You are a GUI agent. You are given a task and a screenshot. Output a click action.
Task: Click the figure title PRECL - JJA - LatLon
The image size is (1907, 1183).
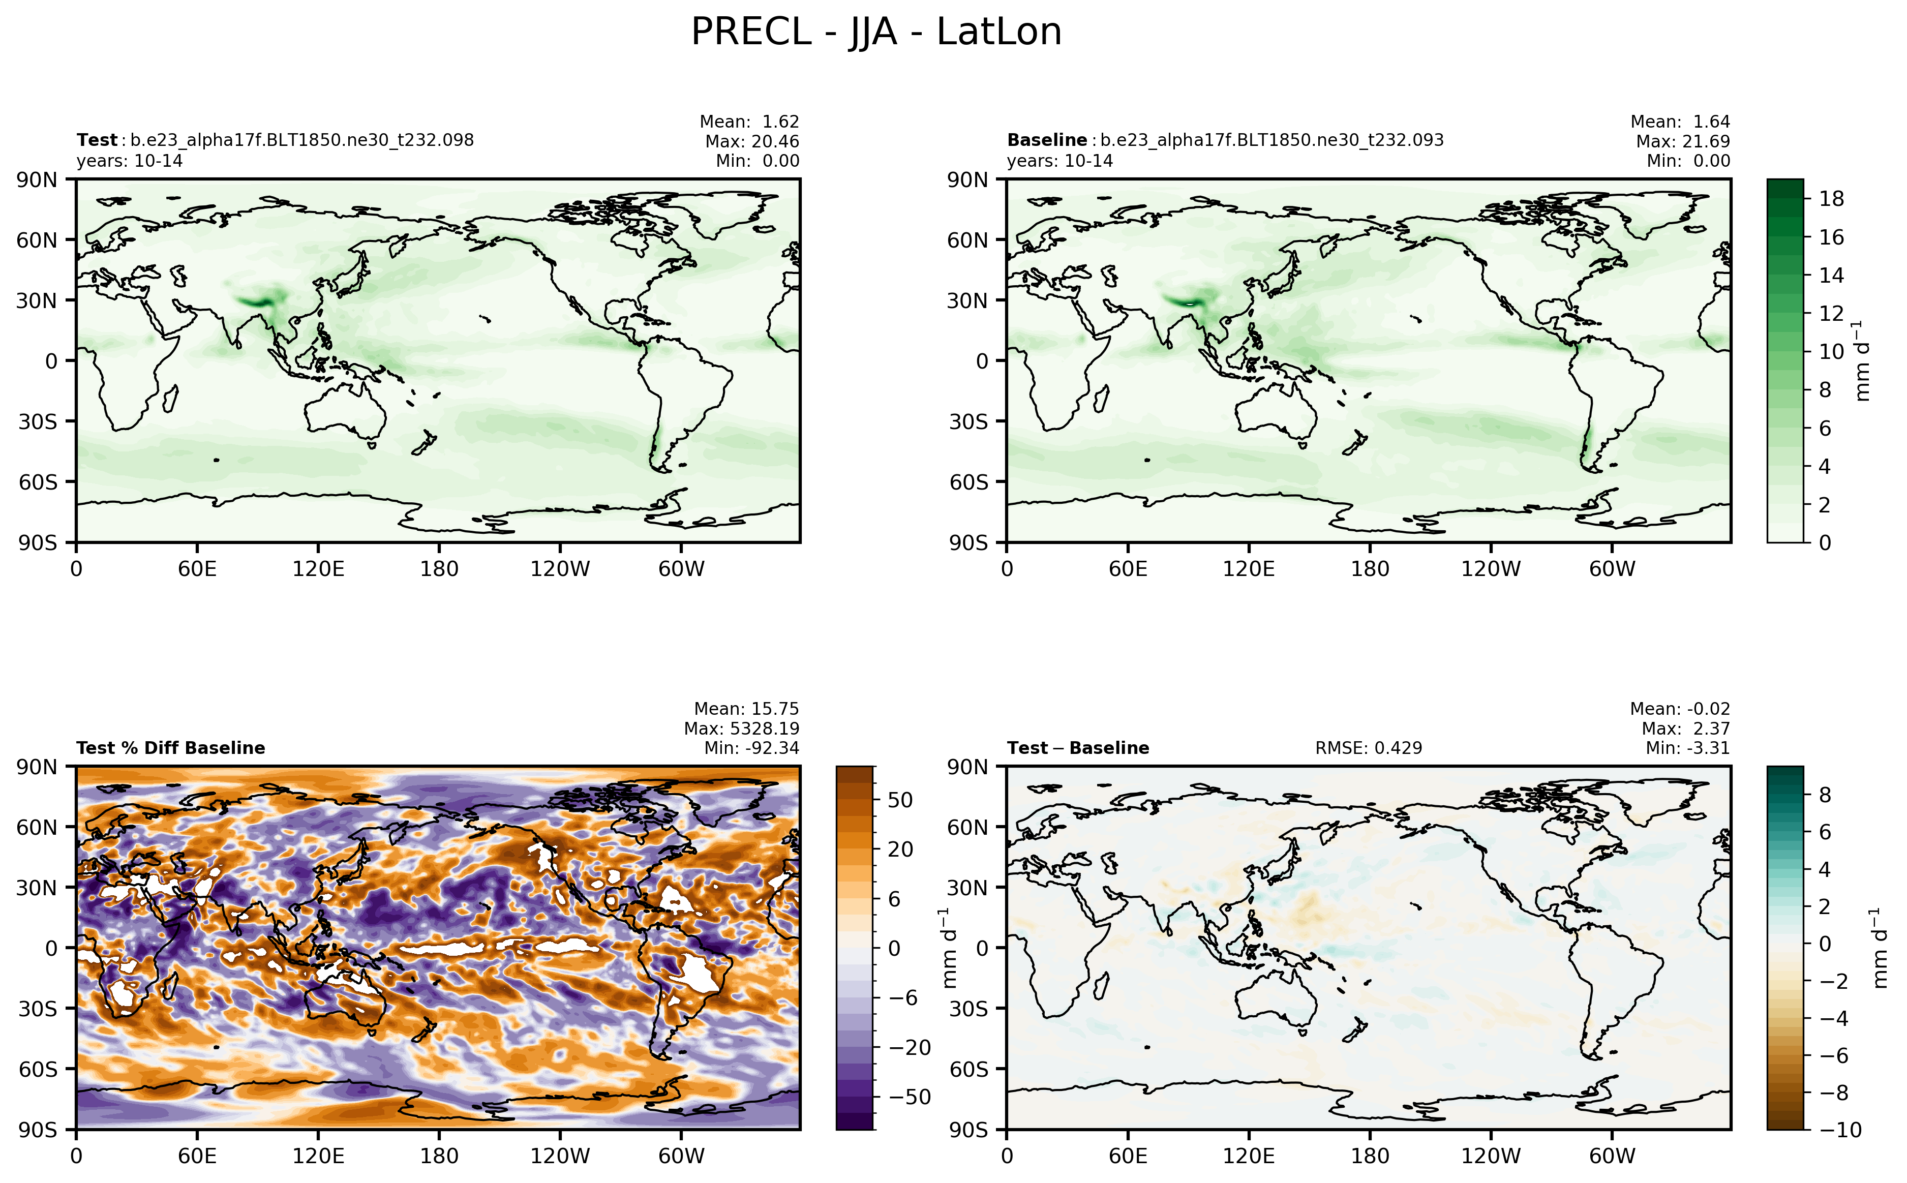point(876,33)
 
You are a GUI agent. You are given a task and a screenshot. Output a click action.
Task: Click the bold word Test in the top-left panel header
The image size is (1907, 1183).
point(96,140)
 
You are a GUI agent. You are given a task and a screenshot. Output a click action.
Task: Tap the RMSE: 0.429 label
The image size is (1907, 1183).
point(1368,748)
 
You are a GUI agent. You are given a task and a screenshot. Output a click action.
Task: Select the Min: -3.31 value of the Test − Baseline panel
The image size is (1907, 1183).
point(1687,748)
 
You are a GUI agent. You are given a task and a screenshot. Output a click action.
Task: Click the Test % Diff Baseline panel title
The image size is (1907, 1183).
point(170,748)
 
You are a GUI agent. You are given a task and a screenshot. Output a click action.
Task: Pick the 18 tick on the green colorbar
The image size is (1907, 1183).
point(1831,199)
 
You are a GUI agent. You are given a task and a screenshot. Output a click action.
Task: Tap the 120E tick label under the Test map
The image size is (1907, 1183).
point(318,569)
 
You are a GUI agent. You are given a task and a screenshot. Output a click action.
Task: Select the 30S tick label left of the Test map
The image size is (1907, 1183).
point(38,422)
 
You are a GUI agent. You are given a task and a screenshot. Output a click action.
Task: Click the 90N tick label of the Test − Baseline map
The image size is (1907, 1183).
point(968,767)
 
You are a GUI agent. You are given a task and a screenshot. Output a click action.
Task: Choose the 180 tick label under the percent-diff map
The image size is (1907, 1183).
point(439,1156)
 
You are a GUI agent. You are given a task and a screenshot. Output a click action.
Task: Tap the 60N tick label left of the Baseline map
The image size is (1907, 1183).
point(968,240)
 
